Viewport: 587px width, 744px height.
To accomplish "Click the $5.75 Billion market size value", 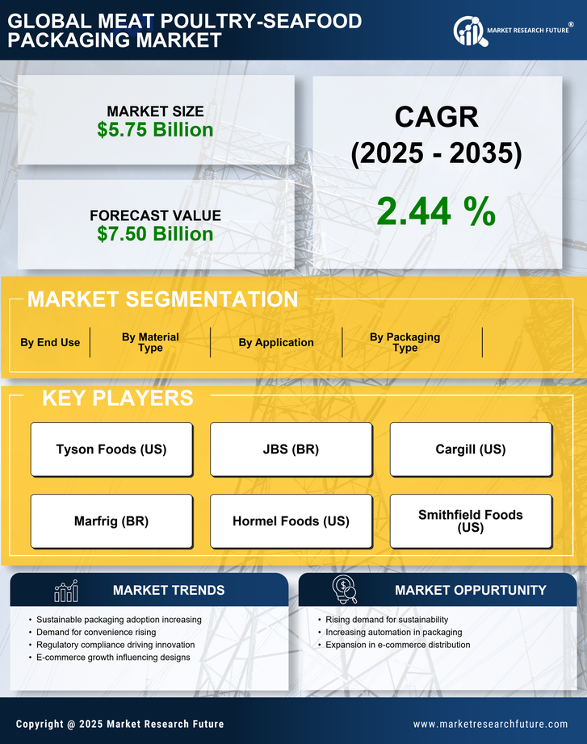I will pos(155,130).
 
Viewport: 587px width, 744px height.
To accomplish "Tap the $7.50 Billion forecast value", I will pos(155,234).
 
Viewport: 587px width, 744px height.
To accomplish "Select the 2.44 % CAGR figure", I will pos(436,211).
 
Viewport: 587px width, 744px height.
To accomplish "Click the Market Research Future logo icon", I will pos(468,31).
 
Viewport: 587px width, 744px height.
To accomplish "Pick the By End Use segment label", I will pos(50,342).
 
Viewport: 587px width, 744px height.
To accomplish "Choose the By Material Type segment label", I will pos(150,342).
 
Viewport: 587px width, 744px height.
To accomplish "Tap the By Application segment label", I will pos(276,342).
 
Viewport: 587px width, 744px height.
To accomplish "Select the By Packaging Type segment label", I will pos(405,342).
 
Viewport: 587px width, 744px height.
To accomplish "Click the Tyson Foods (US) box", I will pos(111,449).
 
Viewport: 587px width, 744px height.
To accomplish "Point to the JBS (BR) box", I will pos(291,449).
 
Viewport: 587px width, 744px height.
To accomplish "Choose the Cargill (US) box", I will pos(470,449).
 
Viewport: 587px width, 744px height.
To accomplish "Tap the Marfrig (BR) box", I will pos(111,521).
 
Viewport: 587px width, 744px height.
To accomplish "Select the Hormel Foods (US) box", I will pos(291,521).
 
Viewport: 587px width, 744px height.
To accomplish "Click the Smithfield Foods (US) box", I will pos(470,520).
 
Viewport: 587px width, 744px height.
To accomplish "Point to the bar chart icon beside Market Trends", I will pos(65,591).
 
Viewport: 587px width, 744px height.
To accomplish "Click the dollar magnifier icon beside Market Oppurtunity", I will pos(345,590).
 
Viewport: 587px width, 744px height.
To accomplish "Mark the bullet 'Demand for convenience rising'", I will pos(96,632).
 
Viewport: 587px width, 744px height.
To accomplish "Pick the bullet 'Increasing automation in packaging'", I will pos(393,632).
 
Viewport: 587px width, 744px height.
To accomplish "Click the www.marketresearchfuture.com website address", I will pos(490,724).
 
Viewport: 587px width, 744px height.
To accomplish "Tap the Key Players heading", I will pos(117,398).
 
